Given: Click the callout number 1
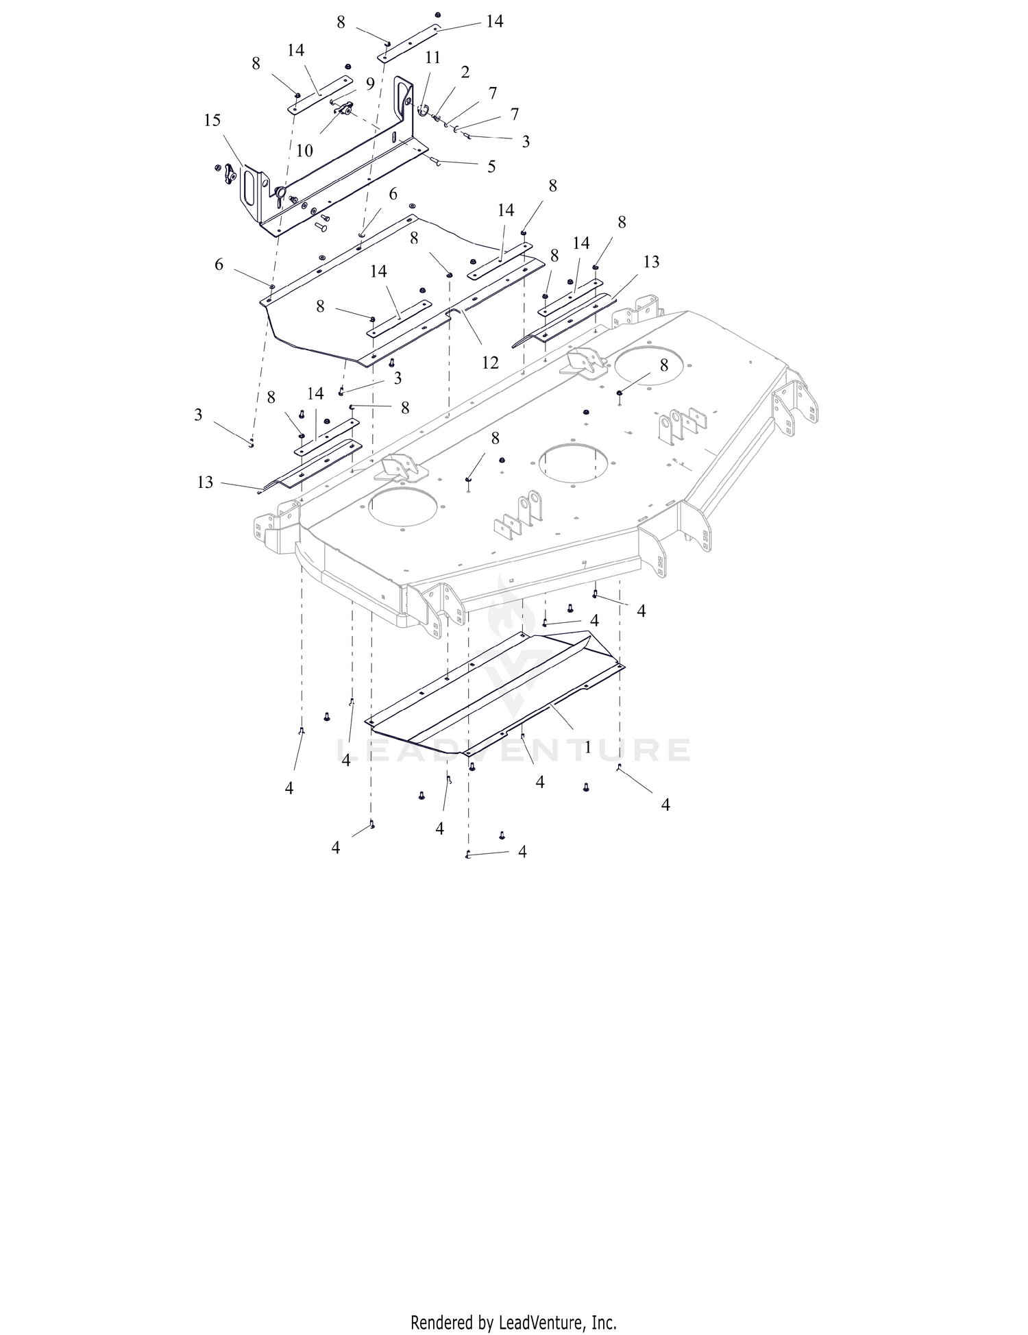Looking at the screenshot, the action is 587,748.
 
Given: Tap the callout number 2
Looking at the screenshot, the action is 465,72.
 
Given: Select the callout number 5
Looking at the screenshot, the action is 491,167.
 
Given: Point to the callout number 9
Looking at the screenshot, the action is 370,84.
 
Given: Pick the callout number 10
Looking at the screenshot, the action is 304,150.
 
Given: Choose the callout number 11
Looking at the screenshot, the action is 432,58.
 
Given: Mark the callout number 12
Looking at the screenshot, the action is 490,363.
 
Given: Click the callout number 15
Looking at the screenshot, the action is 212,121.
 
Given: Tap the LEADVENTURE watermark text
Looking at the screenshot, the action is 514,750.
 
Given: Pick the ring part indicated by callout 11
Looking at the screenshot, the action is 422,110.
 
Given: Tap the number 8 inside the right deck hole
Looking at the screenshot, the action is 663,365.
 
